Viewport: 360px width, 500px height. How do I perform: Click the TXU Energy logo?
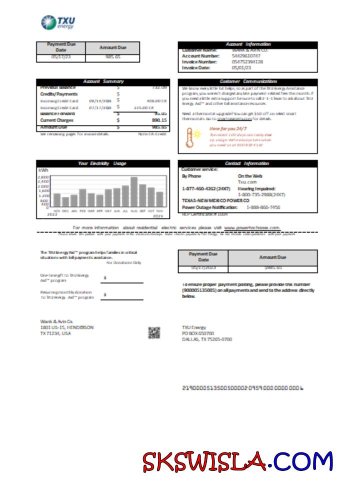57,22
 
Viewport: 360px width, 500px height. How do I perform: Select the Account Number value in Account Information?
246,56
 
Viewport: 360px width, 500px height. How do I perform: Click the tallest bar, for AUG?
134,192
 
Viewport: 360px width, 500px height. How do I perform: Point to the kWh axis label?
42,170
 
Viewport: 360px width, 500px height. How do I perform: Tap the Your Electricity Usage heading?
102,163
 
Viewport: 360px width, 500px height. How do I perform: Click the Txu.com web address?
243,182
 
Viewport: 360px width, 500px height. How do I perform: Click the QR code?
154,332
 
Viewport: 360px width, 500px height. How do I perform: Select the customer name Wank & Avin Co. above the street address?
56,321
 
